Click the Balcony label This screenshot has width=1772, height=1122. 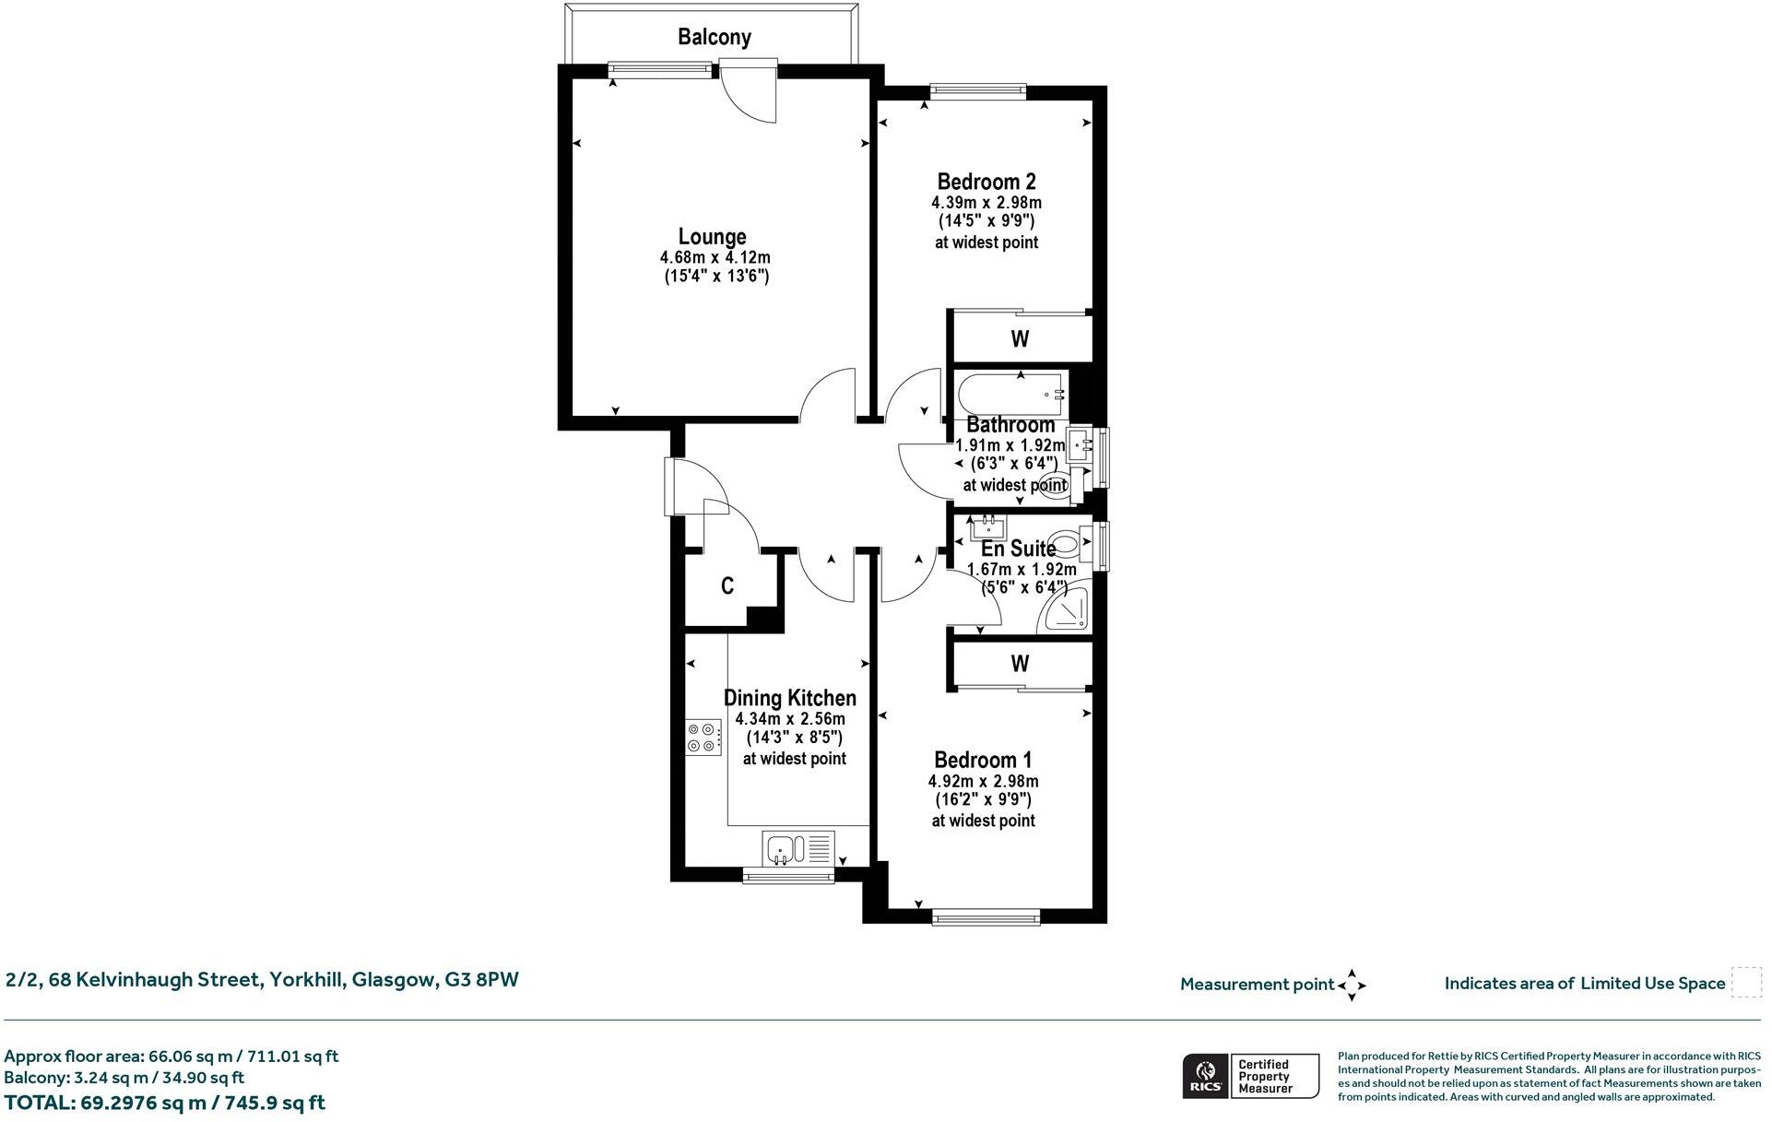tap(715, 37)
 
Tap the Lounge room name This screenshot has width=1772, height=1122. tap(712, 236)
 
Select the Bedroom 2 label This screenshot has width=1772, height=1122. tap(986, 181)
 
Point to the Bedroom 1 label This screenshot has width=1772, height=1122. tap(983, 760)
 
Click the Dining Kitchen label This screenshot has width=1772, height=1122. tap(790, 698)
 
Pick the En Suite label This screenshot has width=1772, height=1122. tap(1018, 549)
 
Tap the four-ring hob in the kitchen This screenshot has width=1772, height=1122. tap(703, 738)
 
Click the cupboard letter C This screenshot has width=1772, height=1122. tap(727, 585)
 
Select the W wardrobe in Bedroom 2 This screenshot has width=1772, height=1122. tap(1021, 338)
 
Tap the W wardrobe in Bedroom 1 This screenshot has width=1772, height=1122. tap(1021, 663)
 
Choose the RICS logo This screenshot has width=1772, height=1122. tap(1205, 1077)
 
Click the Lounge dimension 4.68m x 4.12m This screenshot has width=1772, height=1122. tap(715, 257)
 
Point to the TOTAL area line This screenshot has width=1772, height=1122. tap(165, 1103)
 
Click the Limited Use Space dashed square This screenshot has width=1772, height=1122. tap(1746, 983)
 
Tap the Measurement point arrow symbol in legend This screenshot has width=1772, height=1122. tap(1352, 985)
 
